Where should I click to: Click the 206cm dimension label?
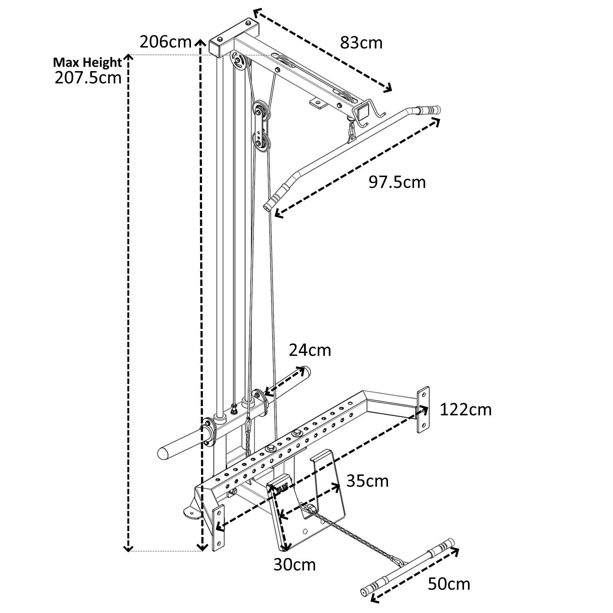(x=166, y=42)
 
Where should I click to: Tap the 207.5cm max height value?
(x=88, y=78)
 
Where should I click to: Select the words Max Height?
(x=87, y=63)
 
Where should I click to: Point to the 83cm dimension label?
(x=361, y=43)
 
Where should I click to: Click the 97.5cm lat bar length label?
(x=397, y=182)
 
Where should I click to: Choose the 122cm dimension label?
(x=466, y=410)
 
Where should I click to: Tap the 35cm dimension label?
(x=367, y=481)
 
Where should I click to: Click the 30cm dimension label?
(x=295, y=565)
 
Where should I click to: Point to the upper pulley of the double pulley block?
(x=261, y=111)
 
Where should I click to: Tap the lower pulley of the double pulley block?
(x=261, y=143)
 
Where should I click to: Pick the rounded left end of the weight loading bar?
(x=164, y=453)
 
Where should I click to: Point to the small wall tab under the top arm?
(x=318, y=103)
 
